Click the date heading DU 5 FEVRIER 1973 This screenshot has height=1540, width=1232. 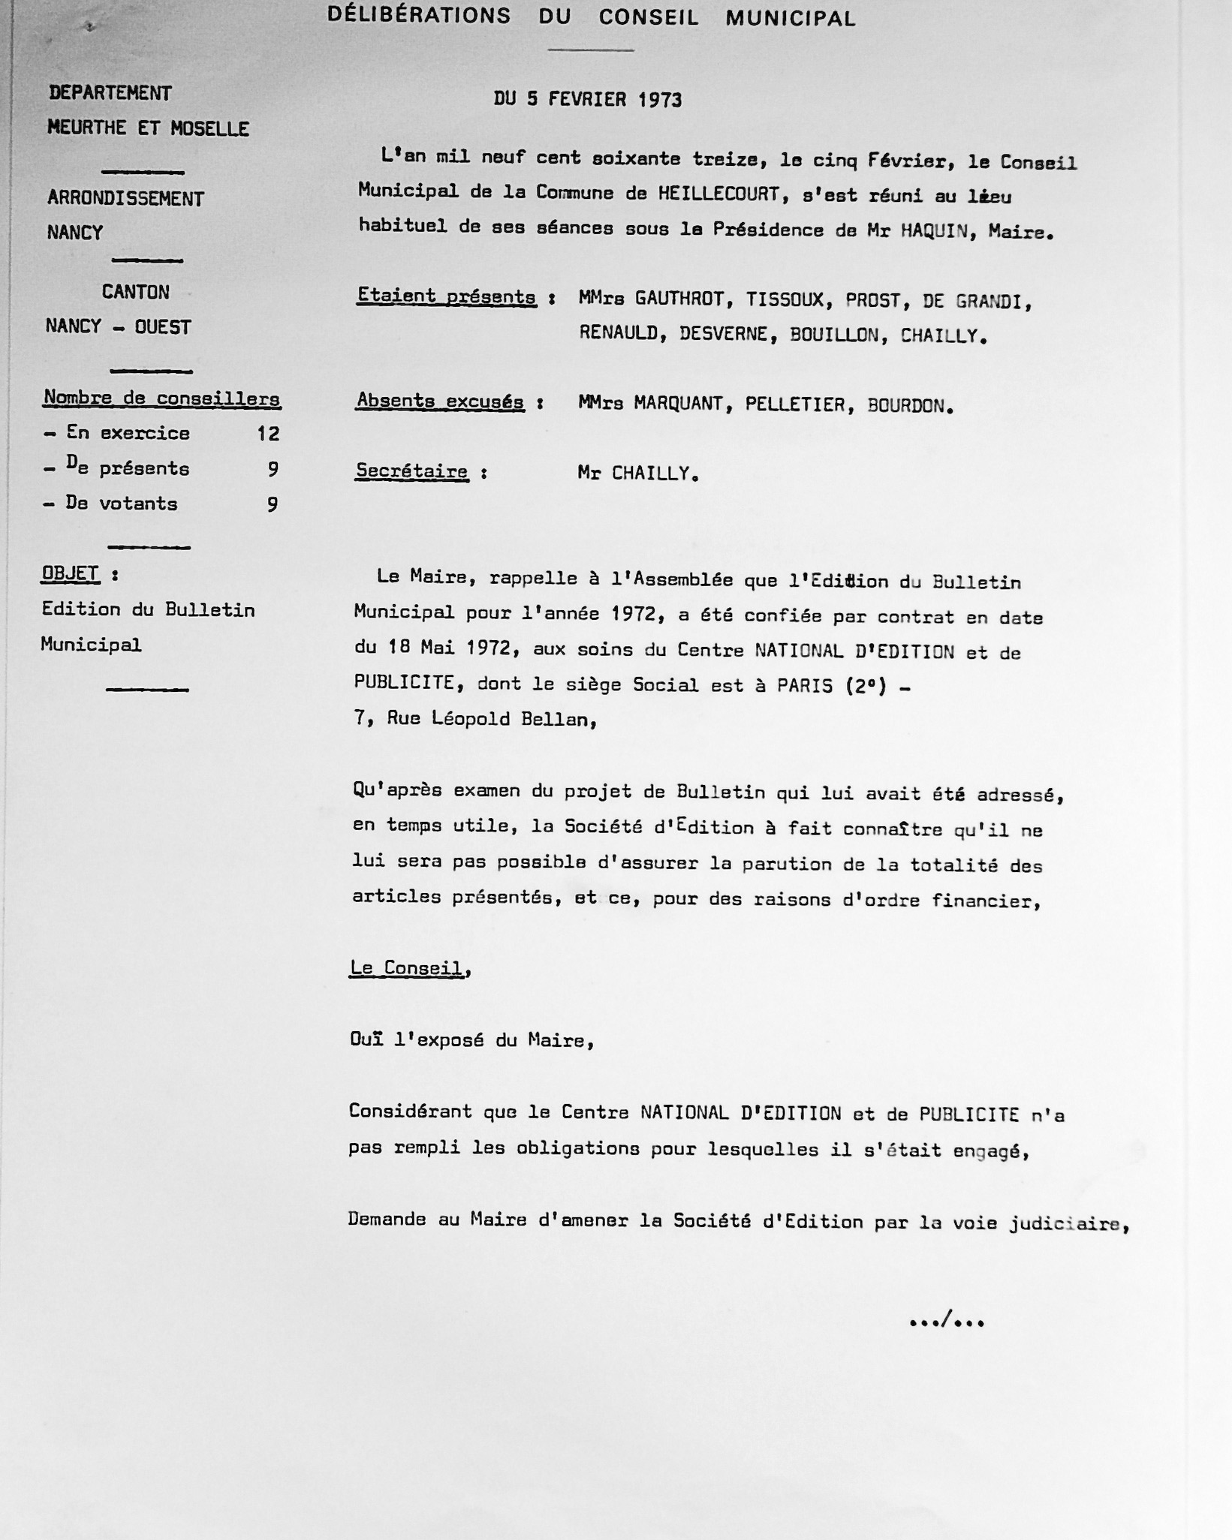coord(587,100)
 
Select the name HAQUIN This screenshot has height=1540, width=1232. coord(929,231)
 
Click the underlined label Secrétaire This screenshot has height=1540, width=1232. coord(411,471)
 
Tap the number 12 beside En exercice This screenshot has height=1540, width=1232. coord(267,433)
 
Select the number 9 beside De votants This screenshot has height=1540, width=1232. coord(273,504)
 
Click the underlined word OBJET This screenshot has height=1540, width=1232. coord(70,574)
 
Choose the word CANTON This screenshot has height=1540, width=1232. coord(136,292)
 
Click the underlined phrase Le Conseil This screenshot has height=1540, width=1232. coord(406,968)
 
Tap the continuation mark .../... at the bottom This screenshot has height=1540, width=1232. coord(946,1320)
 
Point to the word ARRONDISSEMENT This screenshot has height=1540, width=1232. coord(125,199)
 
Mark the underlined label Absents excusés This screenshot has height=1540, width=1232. coord(440,402)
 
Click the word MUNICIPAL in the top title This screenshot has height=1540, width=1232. coord(790,19)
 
